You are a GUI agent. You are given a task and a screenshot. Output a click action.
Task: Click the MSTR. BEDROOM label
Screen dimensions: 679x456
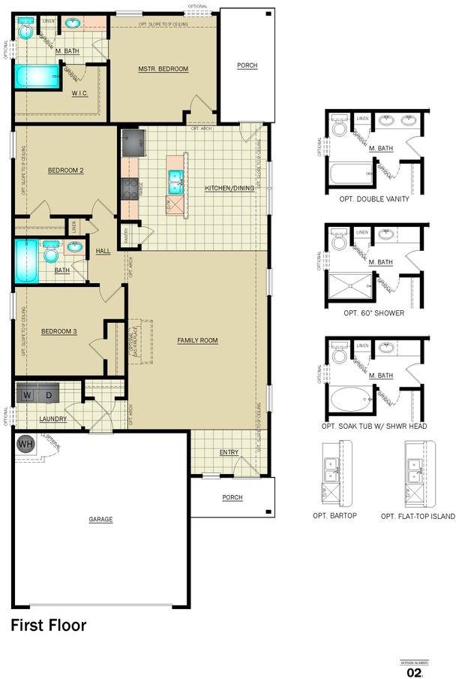tap(163, 69)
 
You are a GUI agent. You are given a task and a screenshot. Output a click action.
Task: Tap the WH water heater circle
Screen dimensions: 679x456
tap(25, 444)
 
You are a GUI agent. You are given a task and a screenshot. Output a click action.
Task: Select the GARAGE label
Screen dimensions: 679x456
tap(100, 520)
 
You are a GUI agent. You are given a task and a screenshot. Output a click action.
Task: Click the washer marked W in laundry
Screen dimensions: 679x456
tap(28, 395)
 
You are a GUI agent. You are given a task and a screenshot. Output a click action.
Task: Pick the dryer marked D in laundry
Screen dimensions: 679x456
tap(49, 395)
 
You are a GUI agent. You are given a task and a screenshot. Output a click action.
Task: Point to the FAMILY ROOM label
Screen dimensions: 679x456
tap(197, 341)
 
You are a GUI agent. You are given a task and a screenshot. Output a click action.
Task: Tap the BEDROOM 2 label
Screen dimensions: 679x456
tap(65, 171)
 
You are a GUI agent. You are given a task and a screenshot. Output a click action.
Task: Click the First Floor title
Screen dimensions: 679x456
tap(49, 625)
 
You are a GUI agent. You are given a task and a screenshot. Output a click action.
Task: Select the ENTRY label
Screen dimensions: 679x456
tap(229, 452)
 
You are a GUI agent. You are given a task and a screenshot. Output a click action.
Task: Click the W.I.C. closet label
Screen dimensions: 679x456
tap(80, 94)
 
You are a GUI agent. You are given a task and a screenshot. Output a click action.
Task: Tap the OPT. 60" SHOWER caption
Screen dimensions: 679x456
tap(373, 312)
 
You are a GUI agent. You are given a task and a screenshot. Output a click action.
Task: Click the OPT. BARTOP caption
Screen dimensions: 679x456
tap(334, 516)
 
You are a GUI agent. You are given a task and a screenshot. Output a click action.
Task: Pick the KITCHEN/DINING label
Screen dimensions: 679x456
tap(229, 188)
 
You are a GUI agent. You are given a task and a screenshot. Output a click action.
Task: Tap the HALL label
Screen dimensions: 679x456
tap(103, 251)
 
